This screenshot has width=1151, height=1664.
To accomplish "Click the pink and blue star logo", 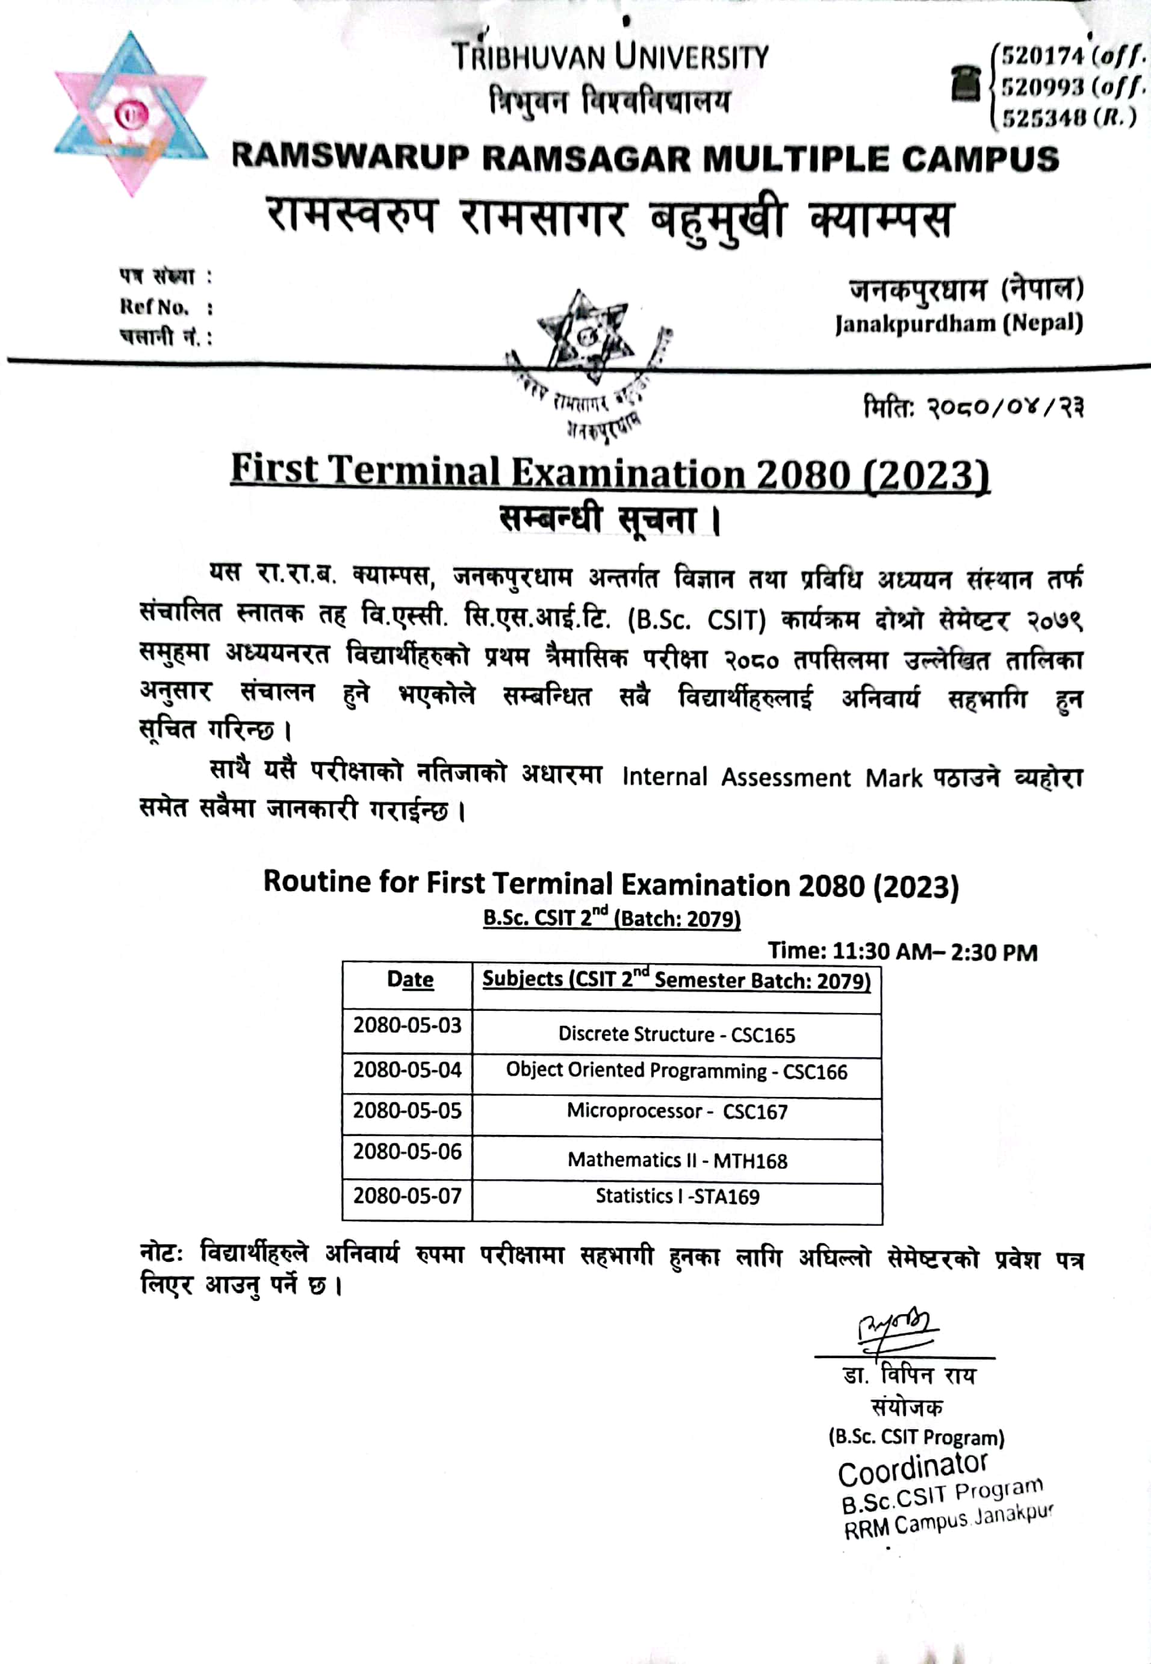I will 131,114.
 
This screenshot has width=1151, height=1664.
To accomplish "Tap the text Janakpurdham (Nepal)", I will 958,323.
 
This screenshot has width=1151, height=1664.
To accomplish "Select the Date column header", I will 409,979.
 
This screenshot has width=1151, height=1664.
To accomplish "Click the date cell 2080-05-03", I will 407,1025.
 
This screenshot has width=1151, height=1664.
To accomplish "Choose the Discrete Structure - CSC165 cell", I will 677,1035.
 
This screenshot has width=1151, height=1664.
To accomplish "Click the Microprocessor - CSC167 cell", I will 677,1111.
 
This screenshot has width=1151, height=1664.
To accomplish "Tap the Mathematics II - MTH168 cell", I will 677,1161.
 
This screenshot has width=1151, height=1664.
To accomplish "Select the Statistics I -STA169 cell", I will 677,1197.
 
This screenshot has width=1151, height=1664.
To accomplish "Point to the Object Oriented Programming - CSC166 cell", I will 677,1071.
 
